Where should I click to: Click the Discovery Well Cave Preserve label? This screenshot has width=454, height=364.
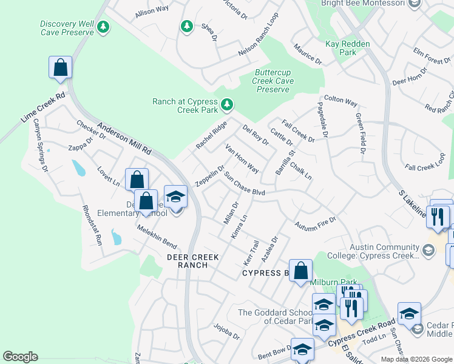[67, 28]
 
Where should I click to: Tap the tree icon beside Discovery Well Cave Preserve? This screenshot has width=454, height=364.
[104, 27]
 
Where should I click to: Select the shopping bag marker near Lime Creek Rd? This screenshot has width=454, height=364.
[60, 67]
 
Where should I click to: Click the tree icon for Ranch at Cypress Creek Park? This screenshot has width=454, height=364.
[227, 106]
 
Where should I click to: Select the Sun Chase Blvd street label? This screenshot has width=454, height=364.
[246, 184]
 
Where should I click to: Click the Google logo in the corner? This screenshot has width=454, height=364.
[20, 357]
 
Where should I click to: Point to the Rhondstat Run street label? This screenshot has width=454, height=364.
[91, 225]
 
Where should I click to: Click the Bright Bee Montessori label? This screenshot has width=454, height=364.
[364, 4]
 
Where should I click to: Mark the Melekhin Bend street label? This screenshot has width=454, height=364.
[157, 237]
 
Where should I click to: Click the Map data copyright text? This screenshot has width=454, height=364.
[417, 359]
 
